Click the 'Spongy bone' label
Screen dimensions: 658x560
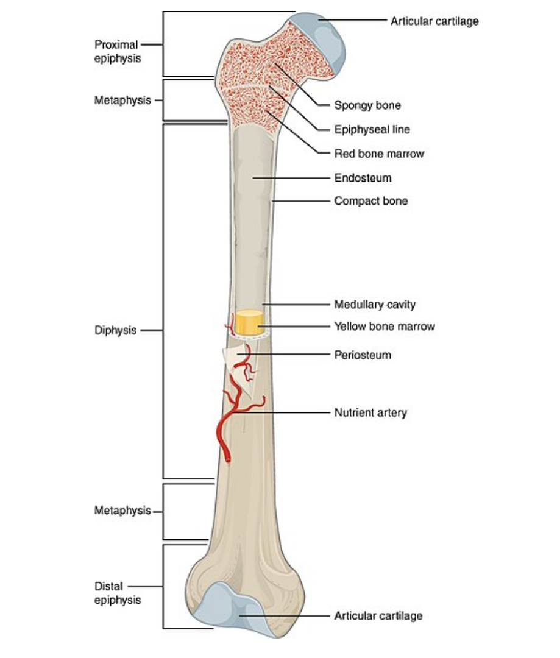pos(367,105)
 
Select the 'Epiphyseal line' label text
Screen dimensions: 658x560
pos(372,129)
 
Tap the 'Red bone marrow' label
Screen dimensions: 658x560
pos(378,154)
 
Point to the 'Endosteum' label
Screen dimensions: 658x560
pos(363,178)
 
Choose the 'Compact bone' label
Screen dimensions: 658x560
pos(370,200)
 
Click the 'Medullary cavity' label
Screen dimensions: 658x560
pos(375,304)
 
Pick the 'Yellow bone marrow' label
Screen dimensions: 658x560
pos(384,327)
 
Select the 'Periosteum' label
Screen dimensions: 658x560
pos(362,354)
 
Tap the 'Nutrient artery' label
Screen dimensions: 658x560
pos(370,412)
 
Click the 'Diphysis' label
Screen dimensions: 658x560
pos(115,331)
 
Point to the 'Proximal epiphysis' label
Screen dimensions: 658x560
pos(117,51)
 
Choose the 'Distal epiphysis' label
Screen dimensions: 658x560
pos(117,593)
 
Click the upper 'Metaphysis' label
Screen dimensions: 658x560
pos(122,101)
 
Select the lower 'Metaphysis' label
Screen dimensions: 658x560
pos(122,511)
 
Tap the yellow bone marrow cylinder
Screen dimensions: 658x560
pos(250,322)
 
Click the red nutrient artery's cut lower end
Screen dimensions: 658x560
pos(226,456)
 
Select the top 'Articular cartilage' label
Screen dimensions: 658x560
pos(434,21)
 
